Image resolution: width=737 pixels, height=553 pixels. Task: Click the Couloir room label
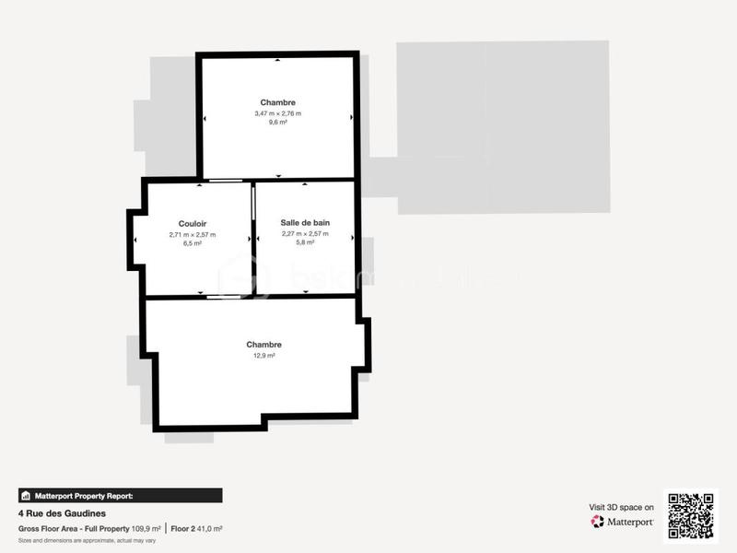pos(193,224)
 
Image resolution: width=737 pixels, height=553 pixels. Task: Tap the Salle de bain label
pos(305,223)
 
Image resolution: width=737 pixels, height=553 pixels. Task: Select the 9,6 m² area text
pos(277,122)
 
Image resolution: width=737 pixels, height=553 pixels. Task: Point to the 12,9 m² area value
pos(264,355)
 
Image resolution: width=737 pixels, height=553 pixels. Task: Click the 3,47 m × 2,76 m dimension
pos(277,112)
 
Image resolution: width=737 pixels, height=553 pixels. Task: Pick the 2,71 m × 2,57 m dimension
pos(193,234)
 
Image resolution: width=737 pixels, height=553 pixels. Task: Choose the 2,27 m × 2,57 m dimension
pos(305,233)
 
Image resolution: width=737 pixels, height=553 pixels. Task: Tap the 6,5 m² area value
pos(193,243)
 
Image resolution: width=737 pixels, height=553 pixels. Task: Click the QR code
pos(691,516)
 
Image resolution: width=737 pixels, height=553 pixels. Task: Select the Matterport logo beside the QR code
pos(622,522)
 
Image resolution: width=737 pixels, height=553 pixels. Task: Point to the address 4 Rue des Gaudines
pos(62,513)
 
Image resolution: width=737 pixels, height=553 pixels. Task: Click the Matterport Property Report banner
pos(120,495)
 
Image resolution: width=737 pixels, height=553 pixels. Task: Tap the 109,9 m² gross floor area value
pos(146,528)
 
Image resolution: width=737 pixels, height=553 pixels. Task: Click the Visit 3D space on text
pos(622,507)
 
